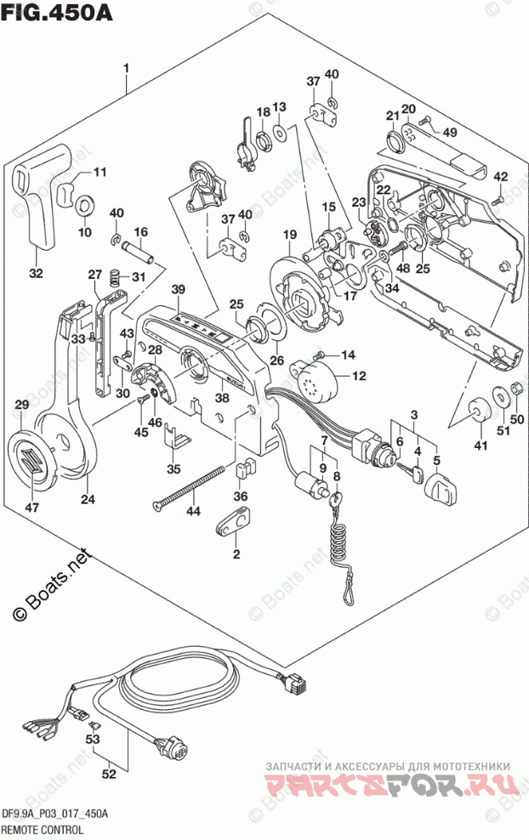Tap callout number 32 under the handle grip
36,272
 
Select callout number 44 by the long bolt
193,512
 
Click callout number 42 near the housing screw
500,177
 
